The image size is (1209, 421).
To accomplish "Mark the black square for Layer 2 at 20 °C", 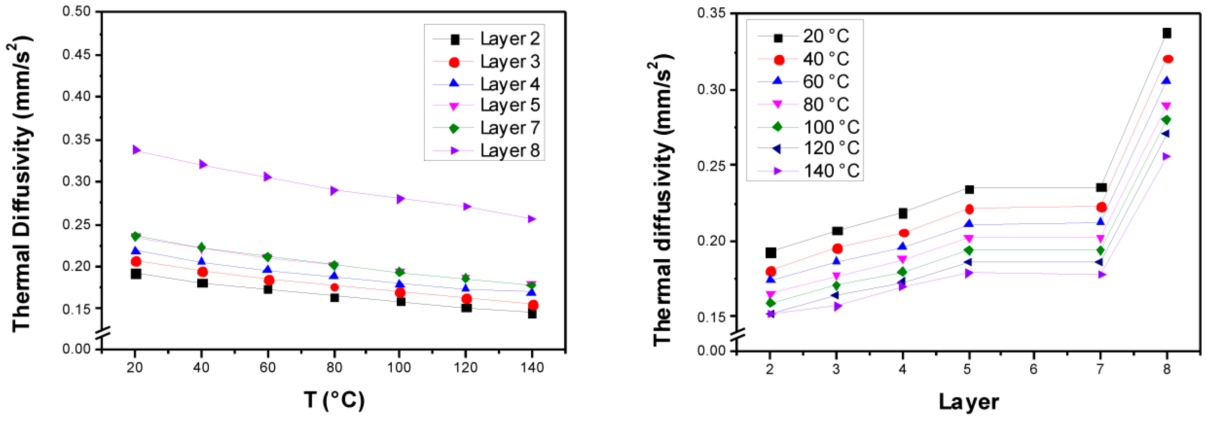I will tap(136, 274).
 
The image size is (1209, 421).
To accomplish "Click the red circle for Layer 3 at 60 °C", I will tap(269, 280).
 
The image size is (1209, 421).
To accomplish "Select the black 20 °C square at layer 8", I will tap(1167, 33).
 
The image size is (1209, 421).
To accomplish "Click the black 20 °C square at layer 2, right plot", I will tap(771, 253).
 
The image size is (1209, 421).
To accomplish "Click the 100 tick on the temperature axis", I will tap(399, 367).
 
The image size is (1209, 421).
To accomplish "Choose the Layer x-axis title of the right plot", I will tap(969, 402).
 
